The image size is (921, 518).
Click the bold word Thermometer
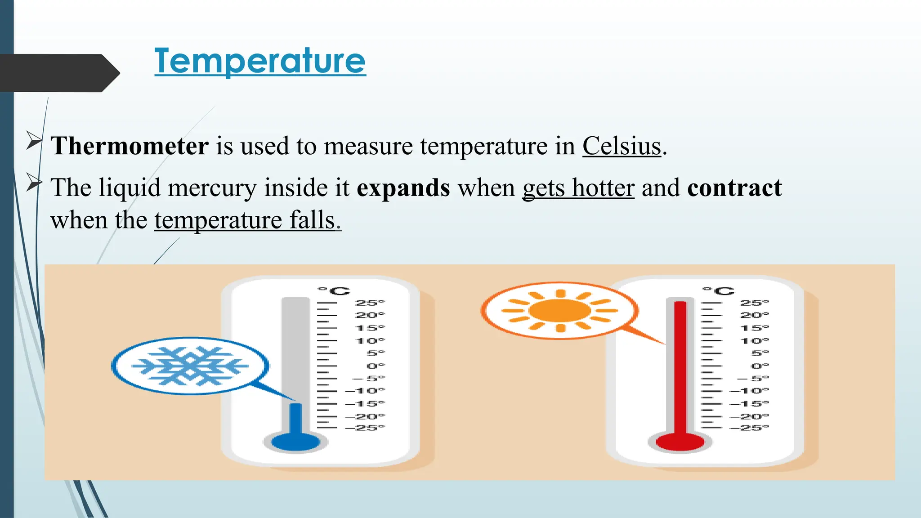point(130,146)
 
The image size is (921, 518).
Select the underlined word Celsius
point(621,146)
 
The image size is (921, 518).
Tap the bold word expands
point(403,188)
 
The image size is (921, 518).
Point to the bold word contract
point(734,188)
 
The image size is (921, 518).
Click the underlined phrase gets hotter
point(578,188)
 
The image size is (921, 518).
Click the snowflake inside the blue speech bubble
point(190,366)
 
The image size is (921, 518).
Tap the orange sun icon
point(559,310)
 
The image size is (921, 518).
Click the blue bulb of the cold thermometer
point(295,441)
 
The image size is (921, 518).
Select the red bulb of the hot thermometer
point(680,441)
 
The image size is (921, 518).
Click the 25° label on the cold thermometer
point(370,303)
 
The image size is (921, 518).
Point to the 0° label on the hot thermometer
point(760,366)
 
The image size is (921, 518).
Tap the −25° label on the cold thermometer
point(365,428)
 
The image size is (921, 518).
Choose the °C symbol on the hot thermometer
point(718,291)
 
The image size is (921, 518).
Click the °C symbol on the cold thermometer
point(334,291)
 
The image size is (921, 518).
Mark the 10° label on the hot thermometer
point(754,341)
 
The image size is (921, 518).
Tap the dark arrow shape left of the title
point(58,73)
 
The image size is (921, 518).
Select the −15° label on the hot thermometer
point(749,404)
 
